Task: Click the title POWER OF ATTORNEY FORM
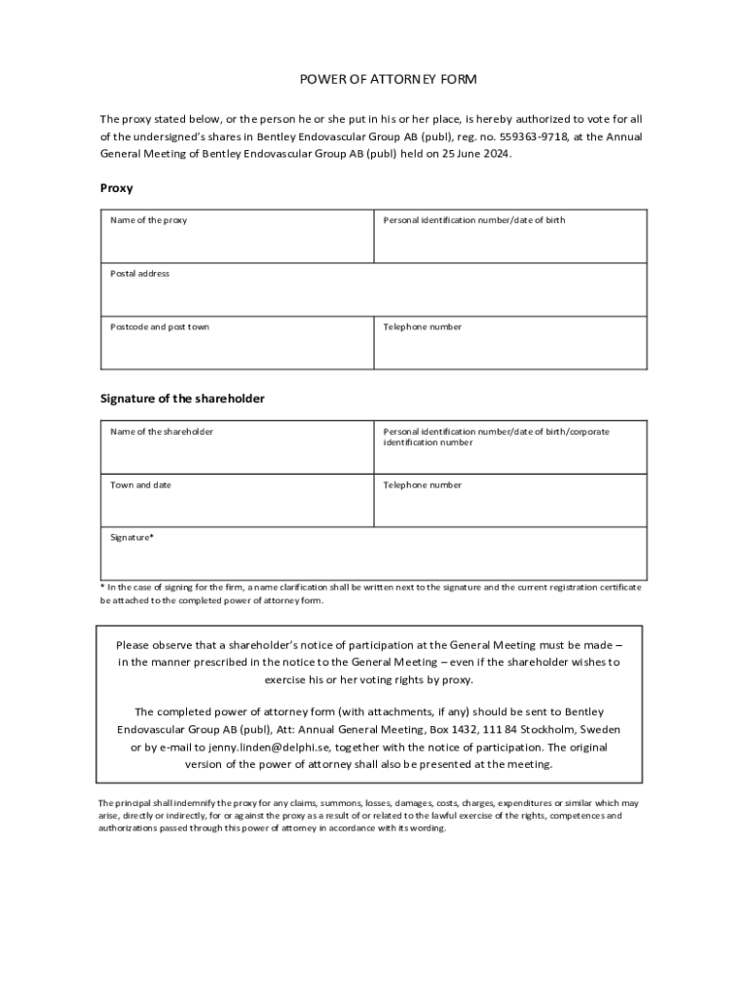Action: point(374,79)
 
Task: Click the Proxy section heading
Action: point(117,188)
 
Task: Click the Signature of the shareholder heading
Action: point(182,399)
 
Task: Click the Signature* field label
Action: point(131,537)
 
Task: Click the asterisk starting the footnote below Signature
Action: point(102,588)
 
